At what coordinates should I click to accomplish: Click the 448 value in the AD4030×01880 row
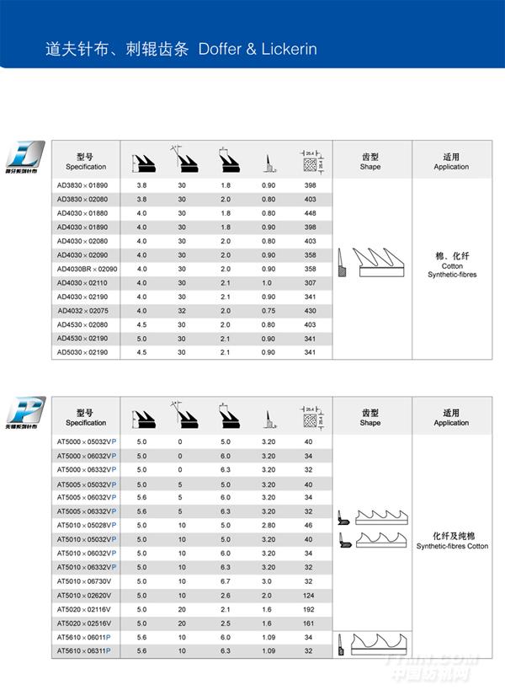click(x=310, y=212)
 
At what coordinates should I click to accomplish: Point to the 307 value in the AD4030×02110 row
click(x=310, y=283)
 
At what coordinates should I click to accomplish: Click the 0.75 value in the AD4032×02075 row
click(x=268, y=311)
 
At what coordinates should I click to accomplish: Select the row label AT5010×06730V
click(x=83, y=581)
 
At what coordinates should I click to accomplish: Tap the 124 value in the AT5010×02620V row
click(x=308, y=596)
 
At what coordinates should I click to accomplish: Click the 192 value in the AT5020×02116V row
click(x=308, y=609)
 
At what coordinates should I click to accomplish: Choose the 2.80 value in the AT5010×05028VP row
click(x=268, y=525)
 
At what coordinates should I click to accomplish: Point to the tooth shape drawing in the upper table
click(x=370, y=265)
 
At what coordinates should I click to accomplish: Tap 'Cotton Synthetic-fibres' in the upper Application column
click(x=451, y=270)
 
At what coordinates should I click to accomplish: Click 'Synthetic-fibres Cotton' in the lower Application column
click(x=451, y=546)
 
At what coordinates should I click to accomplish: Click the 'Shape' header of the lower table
click(x=370, y=423)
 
